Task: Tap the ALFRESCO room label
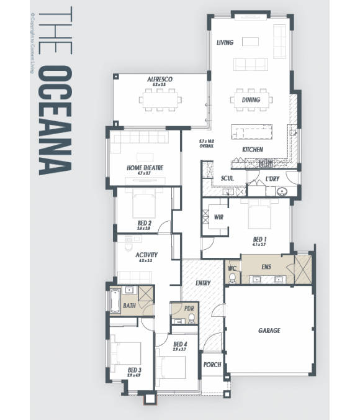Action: coord(160,80)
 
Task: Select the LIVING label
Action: coord(225,43)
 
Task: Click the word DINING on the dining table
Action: coord(251,99)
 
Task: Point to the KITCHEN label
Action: coord(253,150)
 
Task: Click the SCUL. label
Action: coord(227,179)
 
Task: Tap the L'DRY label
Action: coord(272,179)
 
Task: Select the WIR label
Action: coord(218,217)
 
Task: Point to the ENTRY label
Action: coord(202,283)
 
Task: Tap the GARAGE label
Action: coord(269,331)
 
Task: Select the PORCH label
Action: coord(212,365)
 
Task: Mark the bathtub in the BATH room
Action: coord(115,302)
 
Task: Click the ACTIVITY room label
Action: coord(146,255)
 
